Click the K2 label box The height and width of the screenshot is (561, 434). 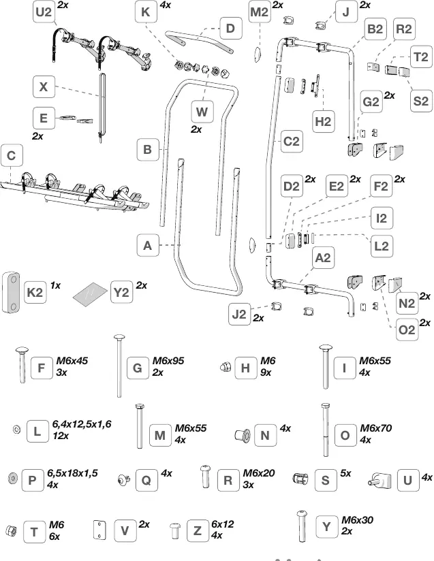click(35, 292)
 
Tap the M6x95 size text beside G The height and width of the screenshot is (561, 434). click(168, 361)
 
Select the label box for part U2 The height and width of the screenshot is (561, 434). click(44, 12)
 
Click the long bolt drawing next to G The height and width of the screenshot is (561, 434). click(119, 366)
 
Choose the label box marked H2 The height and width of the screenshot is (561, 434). click(323, 122)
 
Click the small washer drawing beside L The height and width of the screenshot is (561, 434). click(16, 429)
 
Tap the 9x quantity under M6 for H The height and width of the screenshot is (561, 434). click(266, 372)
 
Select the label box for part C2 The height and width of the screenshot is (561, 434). click(292, 142)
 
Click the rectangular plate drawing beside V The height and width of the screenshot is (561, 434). click(99, 530)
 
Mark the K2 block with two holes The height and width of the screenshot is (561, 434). click(11, 292)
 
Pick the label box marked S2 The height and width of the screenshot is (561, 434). click(421, 101)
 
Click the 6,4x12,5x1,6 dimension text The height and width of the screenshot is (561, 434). click(82, 424)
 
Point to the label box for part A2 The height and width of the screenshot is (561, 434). click(324, 257)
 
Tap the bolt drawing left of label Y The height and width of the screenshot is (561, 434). click(302, 526)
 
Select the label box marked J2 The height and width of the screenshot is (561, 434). click(240, 314)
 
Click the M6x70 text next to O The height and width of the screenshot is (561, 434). click(376, 428)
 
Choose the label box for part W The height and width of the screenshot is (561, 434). click(202, 112)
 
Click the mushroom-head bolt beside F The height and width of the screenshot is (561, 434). click(22, 364)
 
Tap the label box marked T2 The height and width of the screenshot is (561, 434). click(421, 57)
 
